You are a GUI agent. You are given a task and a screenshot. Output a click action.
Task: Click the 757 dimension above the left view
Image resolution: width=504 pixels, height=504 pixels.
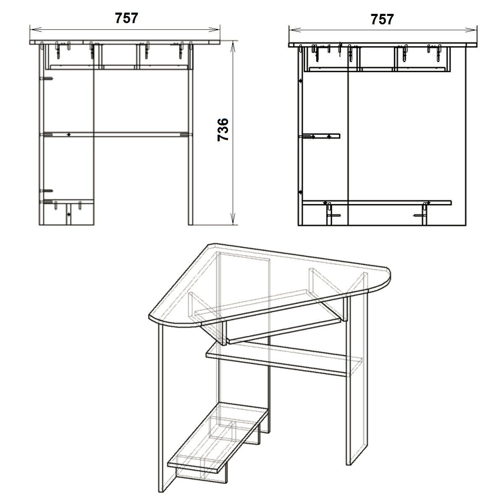point(126,18)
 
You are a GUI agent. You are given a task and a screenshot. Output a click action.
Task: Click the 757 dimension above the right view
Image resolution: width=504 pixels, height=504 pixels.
point(382,19)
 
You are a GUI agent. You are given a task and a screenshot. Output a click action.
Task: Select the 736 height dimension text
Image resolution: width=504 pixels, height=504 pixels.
point(223,130)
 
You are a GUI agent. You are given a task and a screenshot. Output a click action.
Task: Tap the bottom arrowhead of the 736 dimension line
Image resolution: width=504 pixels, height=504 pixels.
point(233,219)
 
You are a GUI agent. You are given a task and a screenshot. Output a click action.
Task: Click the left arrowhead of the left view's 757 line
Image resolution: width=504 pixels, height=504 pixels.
point(36,29)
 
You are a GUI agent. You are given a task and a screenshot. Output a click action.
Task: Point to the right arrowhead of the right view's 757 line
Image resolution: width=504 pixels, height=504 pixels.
point(471,30)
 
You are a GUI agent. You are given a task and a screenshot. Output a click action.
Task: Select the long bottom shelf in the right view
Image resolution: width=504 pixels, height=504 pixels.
point(377,203)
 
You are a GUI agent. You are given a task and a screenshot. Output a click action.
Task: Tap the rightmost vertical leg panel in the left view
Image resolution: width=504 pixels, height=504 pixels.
point(190,134)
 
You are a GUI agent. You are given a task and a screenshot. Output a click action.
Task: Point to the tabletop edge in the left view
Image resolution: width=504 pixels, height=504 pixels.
point(125,42)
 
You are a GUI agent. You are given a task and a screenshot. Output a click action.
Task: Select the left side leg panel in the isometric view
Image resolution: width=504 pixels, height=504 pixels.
point(166,408)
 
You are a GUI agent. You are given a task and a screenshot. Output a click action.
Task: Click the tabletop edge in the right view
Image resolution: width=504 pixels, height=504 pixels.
point(383,45)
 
